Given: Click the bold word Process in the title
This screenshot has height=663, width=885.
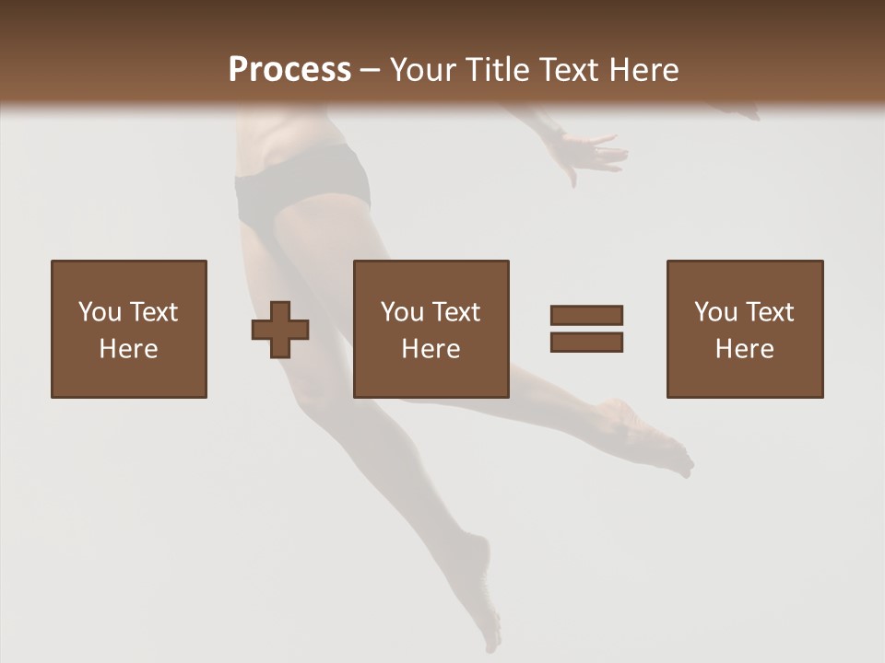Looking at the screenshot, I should click(x=289, y=70).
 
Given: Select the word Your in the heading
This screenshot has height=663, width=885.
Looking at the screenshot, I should click(x=424, y=70).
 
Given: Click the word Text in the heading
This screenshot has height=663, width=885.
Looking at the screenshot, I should click(x=570, y=70).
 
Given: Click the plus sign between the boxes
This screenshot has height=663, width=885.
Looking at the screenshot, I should click(x=280, y=330).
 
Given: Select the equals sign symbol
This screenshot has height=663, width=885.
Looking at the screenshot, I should click(x=586, y=329).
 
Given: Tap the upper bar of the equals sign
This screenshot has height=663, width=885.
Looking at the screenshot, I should click(x=586, y=315).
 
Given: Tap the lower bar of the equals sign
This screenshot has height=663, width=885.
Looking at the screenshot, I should click(x=586, y=343).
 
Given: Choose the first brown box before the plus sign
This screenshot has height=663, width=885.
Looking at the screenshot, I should click(x=128, y=329).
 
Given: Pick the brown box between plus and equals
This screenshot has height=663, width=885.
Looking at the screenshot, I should click(x=431, y=329).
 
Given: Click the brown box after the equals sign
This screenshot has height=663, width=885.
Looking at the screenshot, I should click(x=744, y=329).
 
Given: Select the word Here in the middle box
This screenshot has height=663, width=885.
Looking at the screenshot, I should click(x=431, y=349).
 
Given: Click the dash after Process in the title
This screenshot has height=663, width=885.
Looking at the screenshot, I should click(x=371, y=70).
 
